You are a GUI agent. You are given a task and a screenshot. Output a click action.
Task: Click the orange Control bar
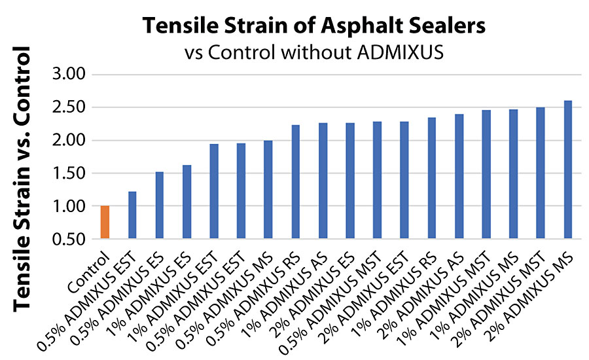pyautogui.click(x=105, y=223)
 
